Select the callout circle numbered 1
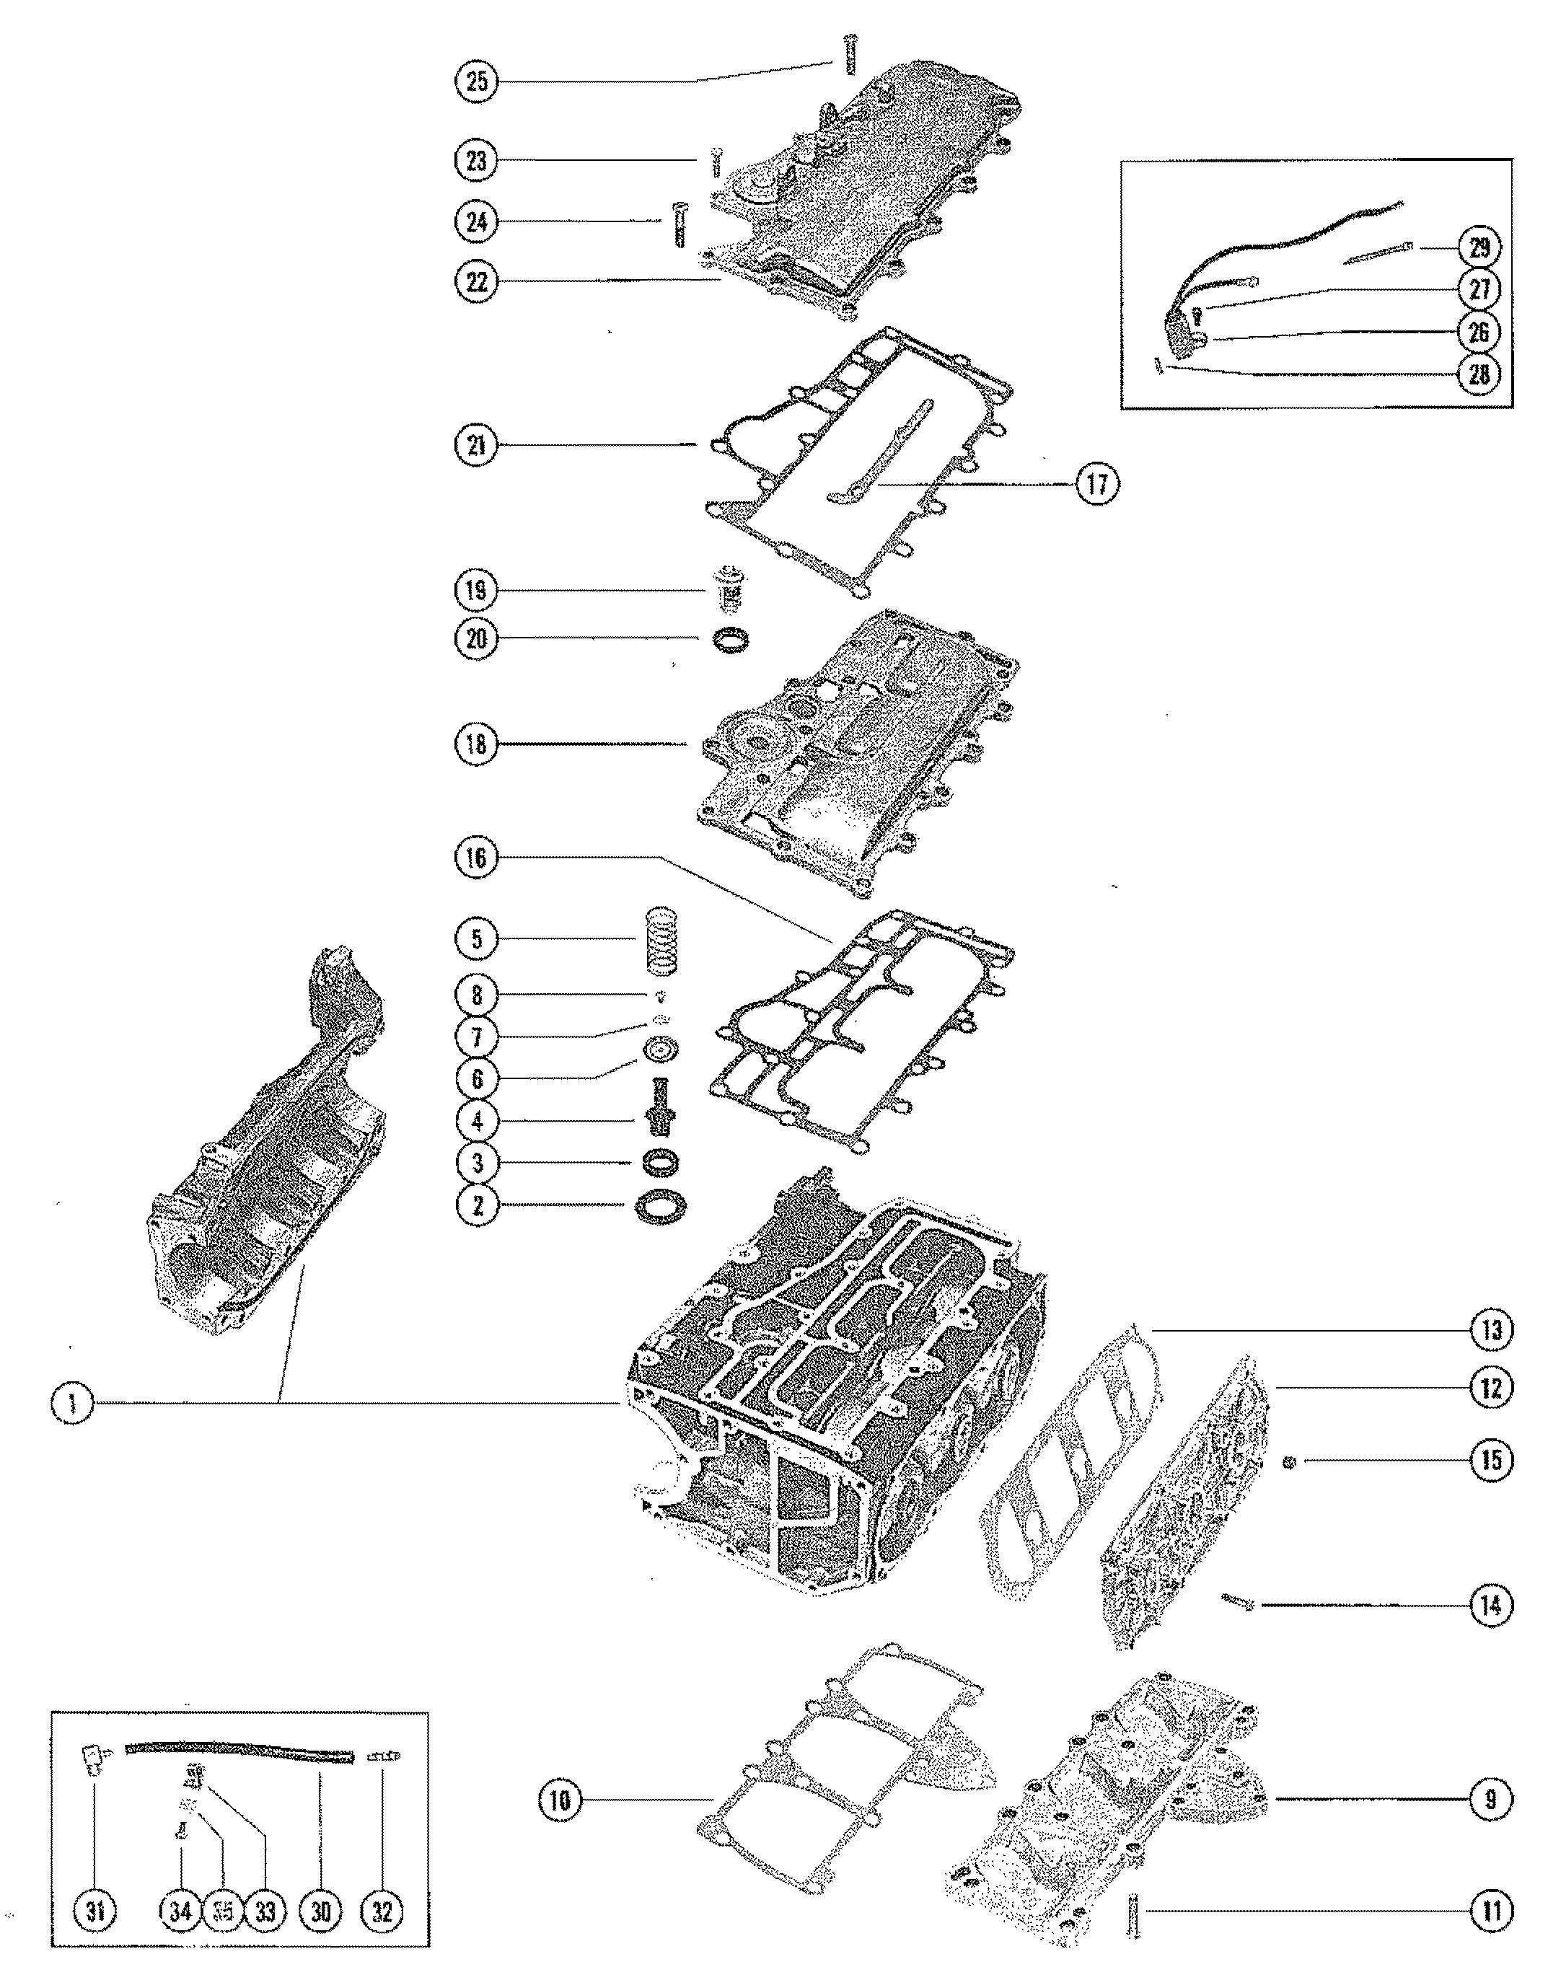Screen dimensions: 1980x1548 pyautogui.click(x=73, y=1404)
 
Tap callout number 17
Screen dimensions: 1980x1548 pyautogui.click(x=1096, y=484)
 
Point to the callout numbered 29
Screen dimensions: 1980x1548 pyautogui.click(x=1479, y=247)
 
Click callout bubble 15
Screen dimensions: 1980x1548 pyautogui.click(x=1491, y=1461)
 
